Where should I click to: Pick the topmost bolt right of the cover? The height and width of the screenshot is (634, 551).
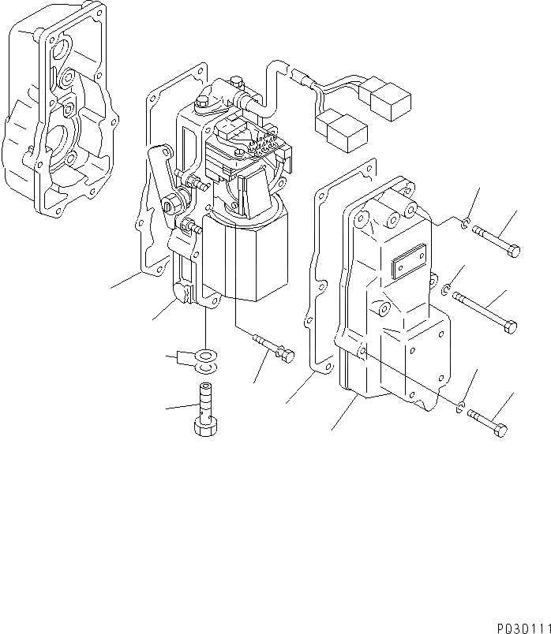pyautogui.click(x=497, y=241)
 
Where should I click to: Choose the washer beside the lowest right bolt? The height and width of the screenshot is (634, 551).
pyautogui.click(x=460, y=407)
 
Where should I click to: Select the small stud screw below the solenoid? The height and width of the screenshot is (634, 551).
pyautogui.click(x=273, y=348)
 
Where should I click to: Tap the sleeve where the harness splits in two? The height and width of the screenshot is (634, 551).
pyautogui.click(x=303, y=76)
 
